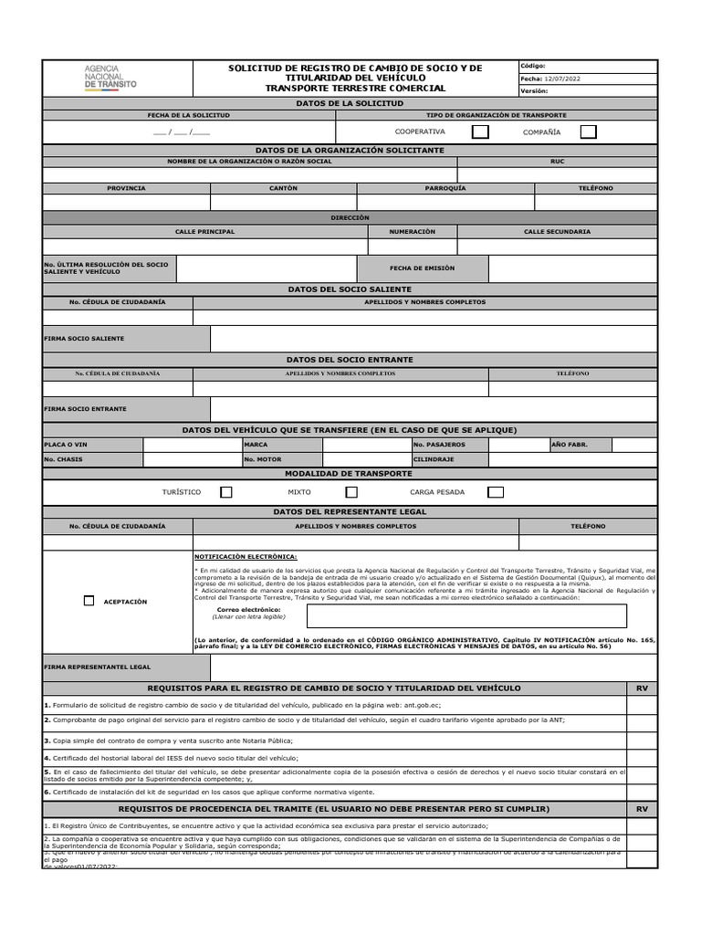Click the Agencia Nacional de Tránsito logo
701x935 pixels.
pyautogui.click(x=110, y=77)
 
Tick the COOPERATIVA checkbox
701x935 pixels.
pyautogui.click(x=480, y=131)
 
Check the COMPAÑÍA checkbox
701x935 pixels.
pyautogui.click(x=589, y=131)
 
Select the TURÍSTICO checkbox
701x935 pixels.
pyautogui.click(x=226, y=492)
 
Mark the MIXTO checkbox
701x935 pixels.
pyautogui.click(x=351, y=492)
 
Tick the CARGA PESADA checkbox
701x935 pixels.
pyautogui.click(x=496, y=492)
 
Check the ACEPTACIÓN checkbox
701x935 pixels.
pyautogui.click(x=89, y=601)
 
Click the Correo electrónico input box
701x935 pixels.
pyautogui.click(x=466, y=616)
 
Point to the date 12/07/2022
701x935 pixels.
pyautogui.click(x=563, y=79)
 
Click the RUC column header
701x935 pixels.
pyautogui.click(x=557, y=162)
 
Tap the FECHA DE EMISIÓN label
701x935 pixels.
pyautogui.click(x=422, y=268)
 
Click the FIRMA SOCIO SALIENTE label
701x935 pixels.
pyautogui.click(x=84, y=339)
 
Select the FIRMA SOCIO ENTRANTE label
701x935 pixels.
pyautogui.click(x=85, y=409)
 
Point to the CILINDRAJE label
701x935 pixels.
pyautogui.click(x=434, y=459)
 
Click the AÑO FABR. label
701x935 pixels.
pyautogui.click(x=570, y=445)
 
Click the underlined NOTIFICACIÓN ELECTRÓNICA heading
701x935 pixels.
pyautogui.click(x=246, y=556)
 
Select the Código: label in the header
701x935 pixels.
pyautogui.click(x=533, y=66)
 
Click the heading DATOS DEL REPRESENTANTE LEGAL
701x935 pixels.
pyautogui.click(x=350, y=511)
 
